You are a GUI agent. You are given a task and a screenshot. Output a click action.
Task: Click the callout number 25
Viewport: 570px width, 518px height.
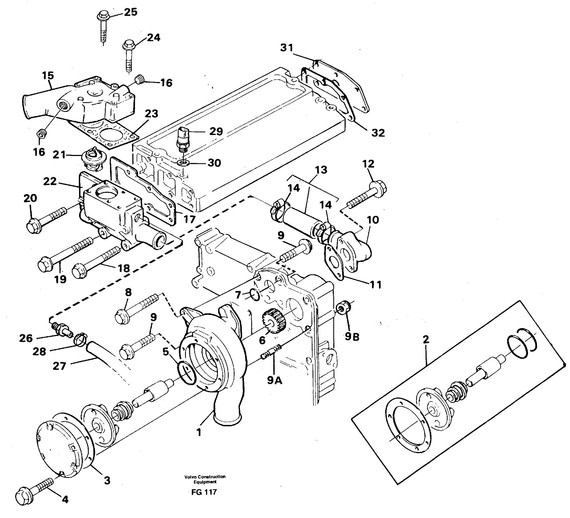[x=130, y=12]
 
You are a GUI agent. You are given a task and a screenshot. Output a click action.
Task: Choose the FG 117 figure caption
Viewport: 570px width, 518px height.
[x=204, y=492]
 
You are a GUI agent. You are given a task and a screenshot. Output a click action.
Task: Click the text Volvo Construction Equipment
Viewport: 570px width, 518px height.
[x=205, y=479]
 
